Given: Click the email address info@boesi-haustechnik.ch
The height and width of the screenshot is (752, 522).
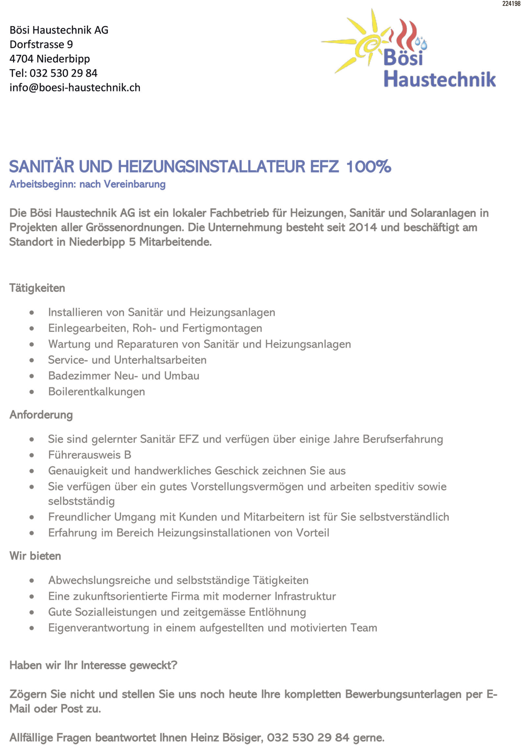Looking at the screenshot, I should coord(75,88).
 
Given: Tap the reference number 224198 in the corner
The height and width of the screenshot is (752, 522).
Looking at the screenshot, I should coord(511,4).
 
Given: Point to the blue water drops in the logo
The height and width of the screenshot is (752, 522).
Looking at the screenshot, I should coord(421,43).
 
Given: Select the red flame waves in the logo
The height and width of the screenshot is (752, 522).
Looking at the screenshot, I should coord(406,33).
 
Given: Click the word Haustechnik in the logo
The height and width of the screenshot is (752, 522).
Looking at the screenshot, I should coord(440,79).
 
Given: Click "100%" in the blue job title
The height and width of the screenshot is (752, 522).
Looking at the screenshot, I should coord(368,166).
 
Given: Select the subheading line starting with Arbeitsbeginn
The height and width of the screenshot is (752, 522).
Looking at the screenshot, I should coord(87,184).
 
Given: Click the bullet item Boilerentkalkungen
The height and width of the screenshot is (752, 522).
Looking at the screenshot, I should coord(96,392).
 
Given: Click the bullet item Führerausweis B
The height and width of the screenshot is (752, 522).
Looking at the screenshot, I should coord(89,455).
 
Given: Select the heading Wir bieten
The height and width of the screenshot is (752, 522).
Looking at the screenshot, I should coord(35,556).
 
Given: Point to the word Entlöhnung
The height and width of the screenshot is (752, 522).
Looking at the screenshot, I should coord(277,612).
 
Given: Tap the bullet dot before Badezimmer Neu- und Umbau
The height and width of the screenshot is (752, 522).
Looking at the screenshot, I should coord(32,376).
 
